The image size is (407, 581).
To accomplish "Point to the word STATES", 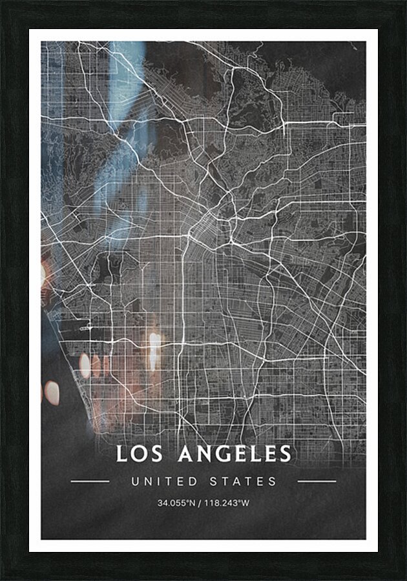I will (243, 482).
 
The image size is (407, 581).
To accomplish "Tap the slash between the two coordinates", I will (200, 503).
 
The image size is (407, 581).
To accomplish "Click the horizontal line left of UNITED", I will (90, 482).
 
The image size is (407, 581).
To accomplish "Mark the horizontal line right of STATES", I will (317, 482).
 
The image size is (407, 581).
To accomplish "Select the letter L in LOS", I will (121, 454).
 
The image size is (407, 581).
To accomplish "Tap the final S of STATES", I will (273, 482).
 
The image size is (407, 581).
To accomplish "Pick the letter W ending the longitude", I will (245, 503).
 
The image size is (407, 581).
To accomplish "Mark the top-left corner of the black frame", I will (2, 2).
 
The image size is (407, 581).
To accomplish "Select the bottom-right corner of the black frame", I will (404, 578).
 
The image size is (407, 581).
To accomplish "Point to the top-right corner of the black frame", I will (404, 2).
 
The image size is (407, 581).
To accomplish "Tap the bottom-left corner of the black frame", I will (2, 578).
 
